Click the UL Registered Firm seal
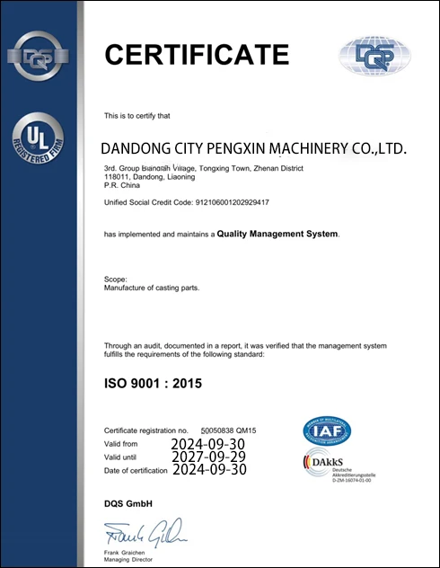click(39, 144)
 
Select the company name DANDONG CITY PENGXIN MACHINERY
click(255, 147)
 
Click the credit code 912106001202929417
click(233, 202)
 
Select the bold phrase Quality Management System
click(277, 234)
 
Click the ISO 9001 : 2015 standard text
click(154, 384)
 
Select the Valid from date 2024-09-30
click(207, 444)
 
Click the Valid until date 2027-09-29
click(207, 457)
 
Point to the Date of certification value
click(207, 469)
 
